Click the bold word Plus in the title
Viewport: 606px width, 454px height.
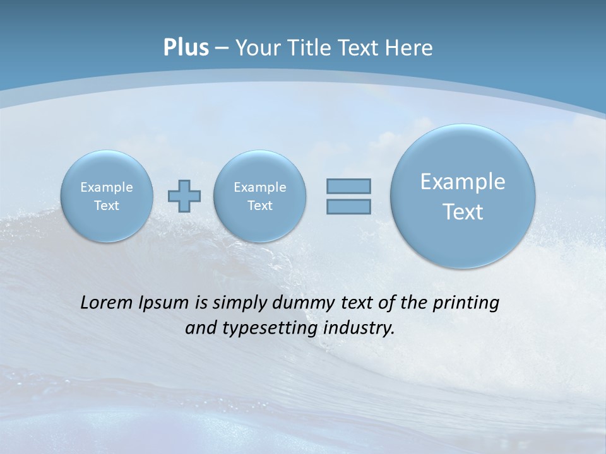186,48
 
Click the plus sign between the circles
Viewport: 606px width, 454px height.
184,196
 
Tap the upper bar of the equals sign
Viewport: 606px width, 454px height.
348,186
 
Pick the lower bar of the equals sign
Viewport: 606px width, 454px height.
348,206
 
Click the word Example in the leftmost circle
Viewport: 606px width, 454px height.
107,187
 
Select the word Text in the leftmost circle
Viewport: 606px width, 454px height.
107,206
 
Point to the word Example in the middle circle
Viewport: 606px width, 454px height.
260,187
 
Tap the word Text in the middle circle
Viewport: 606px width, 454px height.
260,206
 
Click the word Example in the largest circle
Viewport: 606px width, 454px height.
463,182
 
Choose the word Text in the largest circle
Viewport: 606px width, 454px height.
463,212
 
